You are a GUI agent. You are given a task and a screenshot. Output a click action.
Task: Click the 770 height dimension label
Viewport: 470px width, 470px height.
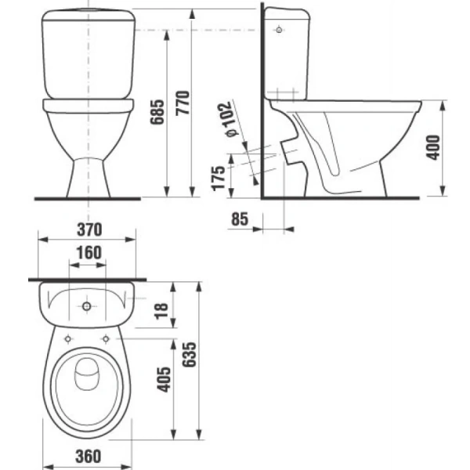tap(183, 101)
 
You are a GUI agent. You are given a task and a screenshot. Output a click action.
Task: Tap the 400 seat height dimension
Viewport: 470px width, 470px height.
tap(436, 146)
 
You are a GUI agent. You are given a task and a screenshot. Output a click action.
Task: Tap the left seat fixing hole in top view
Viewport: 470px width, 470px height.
tap(68, 338)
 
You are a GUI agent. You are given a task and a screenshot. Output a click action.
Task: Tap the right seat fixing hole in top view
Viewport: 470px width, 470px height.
tap(105, 338)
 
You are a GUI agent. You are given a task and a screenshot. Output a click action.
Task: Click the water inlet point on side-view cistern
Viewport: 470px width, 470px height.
tap(280, 31)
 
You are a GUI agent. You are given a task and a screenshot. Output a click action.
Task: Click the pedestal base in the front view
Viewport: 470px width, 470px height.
tap(87, 172)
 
